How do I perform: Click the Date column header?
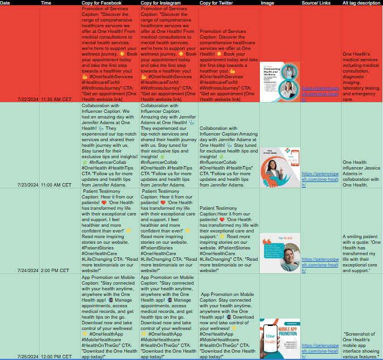[x=6, y=3]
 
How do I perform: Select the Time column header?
[x=46, y=3]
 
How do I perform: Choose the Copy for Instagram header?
[x=165, y=3]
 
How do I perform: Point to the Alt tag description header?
[x=361, y=3]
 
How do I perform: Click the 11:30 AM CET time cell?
[x=56, y=99]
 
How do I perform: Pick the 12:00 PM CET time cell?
[x=56, y=357]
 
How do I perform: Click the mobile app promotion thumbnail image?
[x=280, y=338]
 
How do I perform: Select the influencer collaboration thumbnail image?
[x=280, y=167]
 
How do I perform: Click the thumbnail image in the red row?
[x=280, y=82]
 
